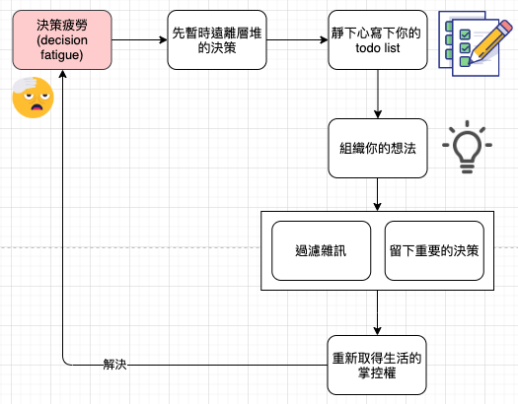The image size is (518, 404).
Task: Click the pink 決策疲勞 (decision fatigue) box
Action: coord(62,39)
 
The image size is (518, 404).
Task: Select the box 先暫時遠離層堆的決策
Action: coord(217,39)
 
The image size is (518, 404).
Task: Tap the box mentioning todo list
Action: coord(378,39)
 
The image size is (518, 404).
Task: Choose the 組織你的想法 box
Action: coord(378,148)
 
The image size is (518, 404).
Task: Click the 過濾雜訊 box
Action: coord(321,250)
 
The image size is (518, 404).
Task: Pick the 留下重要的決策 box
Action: coord(434,250)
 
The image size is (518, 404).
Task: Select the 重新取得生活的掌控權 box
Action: coord(377,366)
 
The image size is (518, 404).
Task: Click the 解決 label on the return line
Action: coord(114,365)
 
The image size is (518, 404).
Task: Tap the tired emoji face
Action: coord(33,98)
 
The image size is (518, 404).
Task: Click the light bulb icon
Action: coord(467,147)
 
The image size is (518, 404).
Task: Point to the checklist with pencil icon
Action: coord(475,43)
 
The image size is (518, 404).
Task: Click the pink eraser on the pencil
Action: coord(505,27)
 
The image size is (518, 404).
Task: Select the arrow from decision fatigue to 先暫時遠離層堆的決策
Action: coord(139,39)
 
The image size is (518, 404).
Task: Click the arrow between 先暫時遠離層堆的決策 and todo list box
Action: coord(297,39)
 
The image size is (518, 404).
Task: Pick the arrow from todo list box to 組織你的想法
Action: coord(378,94)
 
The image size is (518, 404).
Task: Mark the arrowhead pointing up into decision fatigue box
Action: coord(62,74)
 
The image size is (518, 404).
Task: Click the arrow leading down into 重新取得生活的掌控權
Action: coord(377,312)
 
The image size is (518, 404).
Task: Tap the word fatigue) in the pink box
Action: coord(62,55)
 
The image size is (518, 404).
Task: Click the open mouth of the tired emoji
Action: coord(37,107)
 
